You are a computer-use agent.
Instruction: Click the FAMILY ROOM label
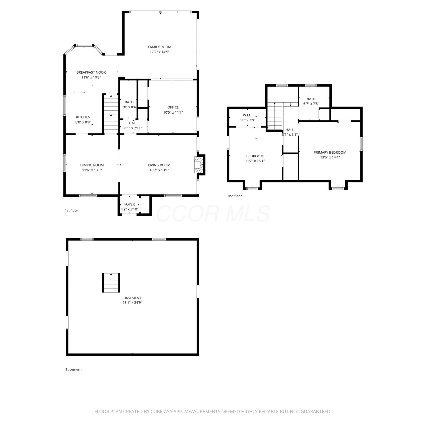(160, 47)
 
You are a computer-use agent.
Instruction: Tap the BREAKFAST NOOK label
(91, 72)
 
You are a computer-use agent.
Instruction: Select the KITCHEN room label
(83, 117)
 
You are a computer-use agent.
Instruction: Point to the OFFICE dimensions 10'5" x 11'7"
(173, 112)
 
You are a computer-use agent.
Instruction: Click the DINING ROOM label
(92, 165)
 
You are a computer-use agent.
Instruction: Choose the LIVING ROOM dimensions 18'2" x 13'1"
(159, 170)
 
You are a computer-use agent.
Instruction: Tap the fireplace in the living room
(200, 165)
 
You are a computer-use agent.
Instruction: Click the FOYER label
(130, 204)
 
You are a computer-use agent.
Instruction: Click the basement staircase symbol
(111, 283)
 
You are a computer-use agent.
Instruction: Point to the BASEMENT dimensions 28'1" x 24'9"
(132, 303)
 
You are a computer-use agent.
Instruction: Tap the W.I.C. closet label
(247, 115)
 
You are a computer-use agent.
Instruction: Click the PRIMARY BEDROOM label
(330, 153)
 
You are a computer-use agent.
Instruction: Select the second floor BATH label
(311, 99)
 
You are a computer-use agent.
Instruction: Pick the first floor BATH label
(129, 102)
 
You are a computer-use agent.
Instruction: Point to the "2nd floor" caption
(235, 196)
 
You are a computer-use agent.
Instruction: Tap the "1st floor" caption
(71, 210)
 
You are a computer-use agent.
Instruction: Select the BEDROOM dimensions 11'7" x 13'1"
(255, 161)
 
